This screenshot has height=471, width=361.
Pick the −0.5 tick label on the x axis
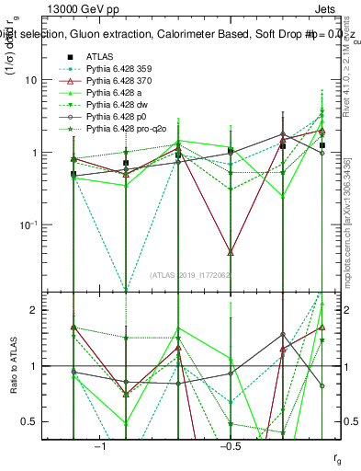pyautogui.click(x=230, y=446)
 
